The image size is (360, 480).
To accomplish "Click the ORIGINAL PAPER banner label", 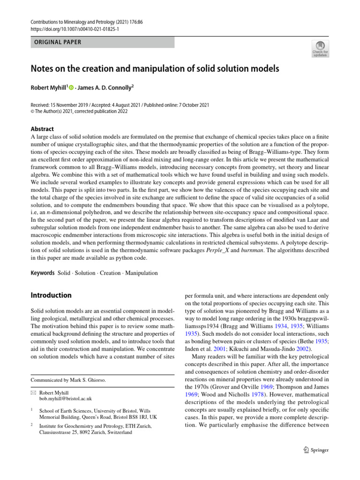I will point(55,42).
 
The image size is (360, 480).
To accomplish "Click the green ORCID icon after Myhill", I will point(71,87).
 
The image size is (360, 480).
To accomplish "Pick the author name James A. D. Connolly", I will point(105,87).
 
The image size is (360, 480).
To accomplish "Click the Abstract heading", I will point(42,129).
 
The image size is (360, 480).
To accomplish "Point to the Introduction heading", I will point(51,295).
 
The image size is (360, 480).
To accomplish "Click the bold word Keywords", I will point(42,273).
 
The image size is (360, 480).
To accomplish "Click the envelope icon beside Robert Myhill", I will point(34,392).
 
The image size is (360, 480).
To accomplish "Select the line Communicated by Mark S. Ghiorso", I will point(68,380).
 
